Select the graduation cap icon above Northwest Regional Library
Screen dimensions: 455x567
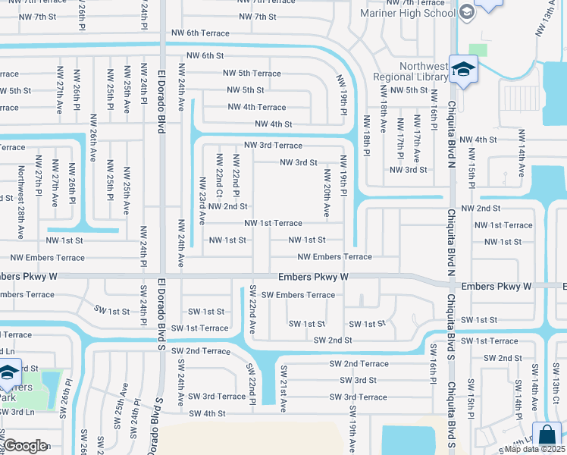(460, 70)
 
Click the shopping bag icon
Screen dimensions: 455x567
(546, 438)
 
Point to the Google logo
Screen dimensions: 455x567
(25, 446)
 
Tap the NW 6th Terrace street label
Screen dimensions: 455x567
(200, 33)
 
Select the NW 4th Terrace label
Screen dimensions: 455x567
(257, 107)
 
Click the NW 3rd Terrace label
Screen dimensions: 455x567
(273, 145)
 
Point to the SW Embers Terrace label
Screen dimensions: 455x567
(298, 295)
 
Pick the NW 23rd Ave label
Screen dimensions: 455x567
(202, 201)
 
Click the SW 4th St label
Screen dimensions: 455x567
(208, 413)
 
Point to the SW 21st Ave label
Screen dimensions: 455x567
(283, 388)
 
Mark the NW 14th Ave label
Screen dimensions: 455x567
(521, 152)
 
